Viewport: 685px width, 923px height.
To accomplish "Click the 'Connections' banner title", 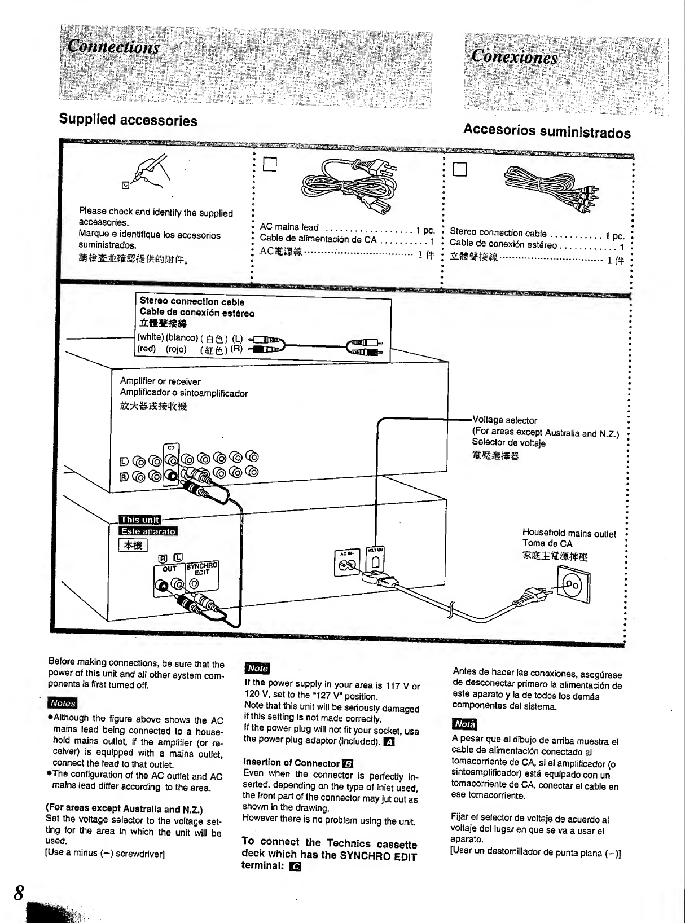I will (113, 47).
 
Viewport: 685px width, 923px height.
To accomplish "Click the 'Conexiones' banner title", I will (514, 57).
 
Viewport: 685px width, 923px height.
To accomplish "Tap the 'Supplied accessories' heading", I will (128, 120).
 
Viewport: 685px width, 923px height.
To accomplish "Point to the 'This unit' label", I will (139, 520).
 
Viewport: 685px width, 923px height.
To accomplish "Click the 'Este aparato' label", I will (148, 531).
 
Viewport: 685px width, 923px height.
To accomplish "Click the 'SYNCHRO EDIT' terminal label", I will (201, 569).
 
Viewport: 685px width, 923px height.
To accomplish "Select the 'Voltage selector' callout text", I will (504, 420).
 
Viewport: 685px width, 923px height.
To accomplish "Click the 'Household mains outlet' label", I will (569, 534).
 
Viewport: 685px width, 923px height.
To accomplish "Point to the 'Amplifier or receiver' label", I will (160, 381).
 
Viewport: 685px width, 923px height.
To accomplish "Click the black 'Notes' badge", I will (63, 703).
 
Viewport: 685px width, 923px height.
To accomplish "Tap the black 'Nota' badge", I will (464, 724).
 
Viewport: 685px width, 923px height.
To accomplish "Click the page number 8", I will (19, 893).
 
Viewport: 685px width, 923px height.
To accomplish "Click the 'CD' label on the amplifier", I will (170, 448).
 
